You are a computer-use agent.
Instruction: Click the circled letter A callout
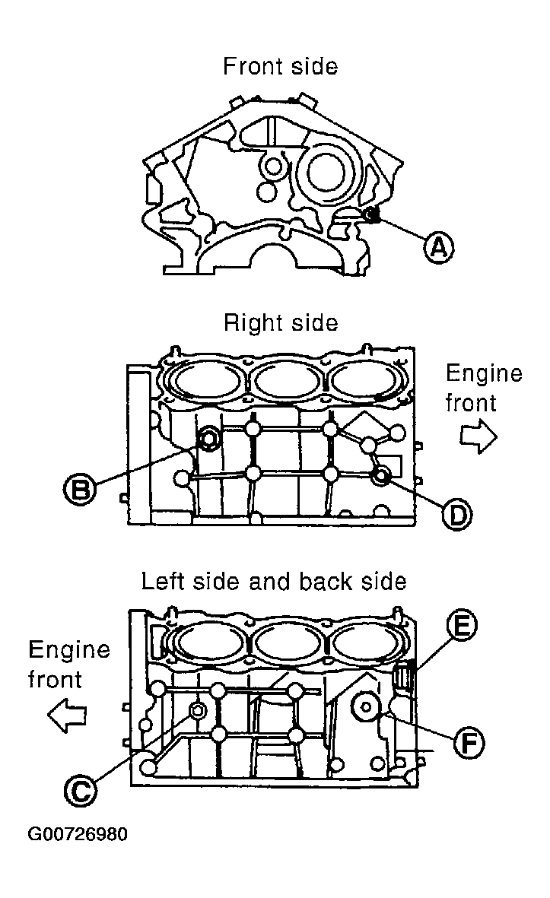point(438,247)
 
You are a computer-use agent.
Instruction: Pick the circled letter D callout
point(456,514)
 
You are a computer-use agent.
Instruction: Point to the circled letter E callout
point(461,625)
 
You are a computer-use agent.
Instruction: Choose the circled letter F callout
point(469,744)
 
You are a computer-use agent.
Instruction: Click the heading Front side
point(280,66)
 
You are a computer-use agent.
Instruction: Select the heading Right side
point(281,323)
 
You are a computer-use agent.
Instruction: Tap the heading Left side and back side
point(274,581)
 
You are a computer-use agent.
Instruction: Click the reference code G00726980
point(78,834)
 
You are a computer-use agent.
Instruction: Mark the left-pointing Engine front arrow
point(66,716)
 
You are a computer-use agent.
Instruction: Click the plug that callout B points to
point(209,438)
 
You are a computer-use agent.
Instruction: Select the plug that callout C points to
point(197,710)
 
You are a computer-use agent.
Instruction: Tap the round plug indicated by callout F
point(366,708)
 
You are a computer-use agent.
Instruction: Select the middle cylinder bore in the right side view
point(288,382)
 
